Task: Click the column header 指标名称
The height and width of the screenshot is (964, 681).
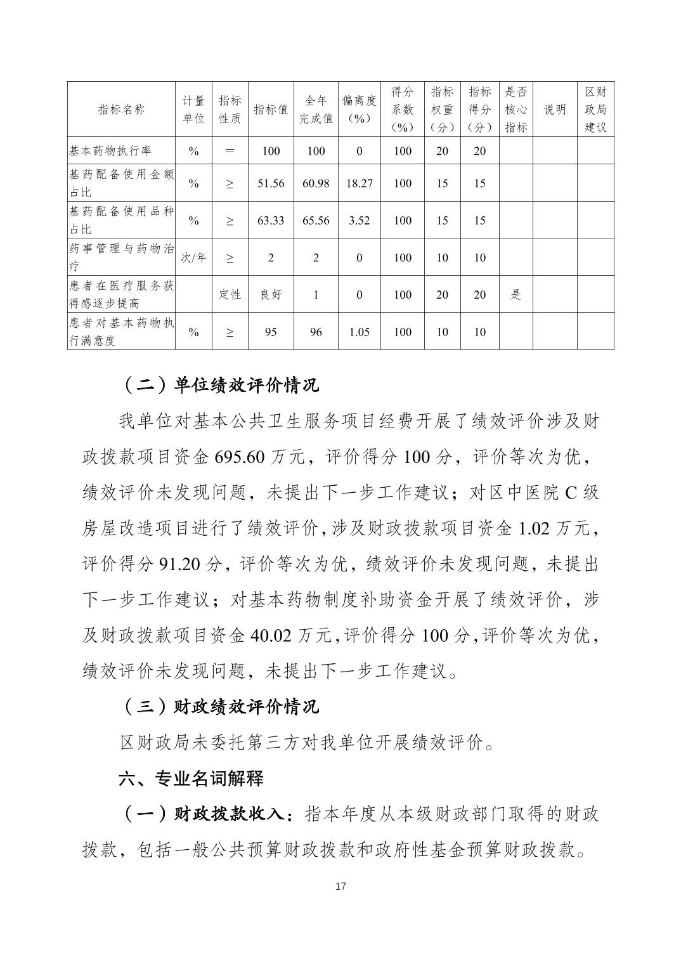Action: pyautogui.click(x=121, y=110)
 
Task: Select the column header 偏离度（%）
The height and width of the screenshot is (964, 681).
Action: pyautogui.click(x=360, y=110)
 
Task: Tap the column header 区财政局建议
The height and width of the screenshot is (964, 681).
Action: pyautogui.click(x=595, y=110)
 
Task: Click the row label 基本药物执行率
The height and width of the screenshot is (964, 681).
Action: pyautogui.click(x=110, y=151)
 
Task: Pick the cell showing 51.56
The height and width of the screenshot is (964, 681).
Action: pyautogui.click(x=271, y=183)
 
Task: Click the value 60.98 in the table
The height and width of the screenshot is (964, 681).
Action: pyautogui.click(x=316, y=183)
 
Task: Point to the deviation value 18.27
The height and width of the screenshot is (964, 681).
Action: pyautogui.click(x=360, y=183)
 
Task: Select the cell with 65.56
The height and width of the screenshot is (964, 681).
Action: pyautogui.click(x=316, y=221)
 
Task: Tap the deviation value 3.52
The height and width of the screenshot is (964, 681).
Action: pyautogui.click(x=360, y=221)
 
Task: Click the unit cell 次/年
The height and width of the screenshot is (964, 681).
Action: pyautogui.click(x=193, y=257)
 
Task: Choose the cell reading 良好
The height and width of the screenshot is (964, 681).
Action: pyautogui.click(x=271, y=294)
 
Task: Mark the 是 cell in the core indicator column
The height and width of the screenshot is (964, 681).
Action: pyautogui.click(x=516, y=294)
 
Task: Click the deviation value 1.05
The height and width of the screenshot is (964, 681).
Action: pyautogui.click(x=360, y=332)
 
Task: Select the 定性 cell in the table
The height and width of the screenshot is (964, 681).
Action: pyautogui.click(x=230, y=294)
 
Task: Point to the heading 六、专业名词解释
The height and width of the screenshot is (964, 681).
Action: pyautogui.click(x=191, y=778)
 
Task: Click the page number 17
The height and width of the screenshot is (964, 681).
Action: pyautogui.click(x=340, y=886)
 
